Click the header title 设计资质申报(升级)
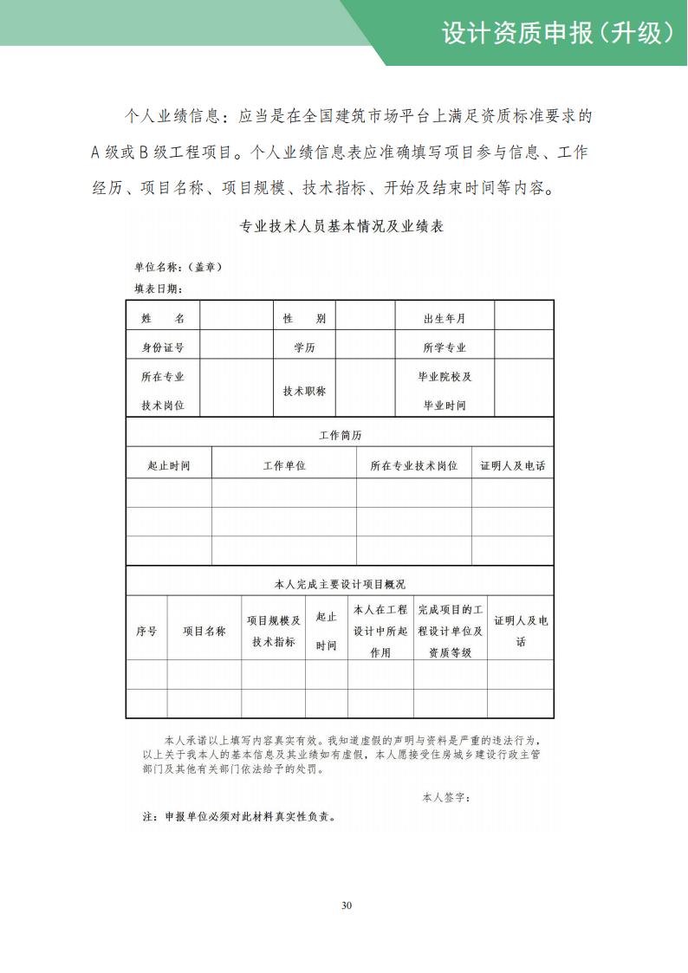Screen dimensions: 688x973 [557, 33]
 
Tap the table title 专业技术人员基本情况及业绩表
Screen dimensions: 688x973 [341, 227]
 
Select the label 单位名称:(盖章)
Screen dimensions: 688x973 [178, 267]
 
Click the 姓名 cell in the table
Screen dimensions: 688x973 [163, 319]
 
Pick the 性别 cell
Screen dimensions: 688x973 [304, 319]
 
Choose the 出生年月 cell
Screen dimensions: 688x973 [445, 319]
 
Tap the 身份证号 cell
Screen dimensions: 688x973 [163, 347]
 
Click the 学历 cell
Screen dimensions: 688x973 [304, 347]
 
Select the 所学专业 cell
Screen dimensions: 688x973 [445, 347]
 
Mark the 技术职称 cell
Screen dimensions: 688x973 [304, 391]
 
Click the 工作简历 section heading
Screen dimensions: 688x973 [340, 435]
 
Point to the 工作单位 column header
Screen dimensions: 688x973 [284, 465]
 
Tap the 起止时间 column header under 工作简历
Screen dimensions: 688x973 [169, 465]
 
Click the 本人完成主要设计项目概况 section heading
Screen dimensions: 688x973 [340, 584]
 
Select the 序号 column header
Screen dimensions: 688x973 [146, 631]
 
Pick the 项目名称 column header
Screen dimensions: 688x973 [204, 631]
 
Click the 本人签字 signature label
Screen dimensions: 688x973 [446, 796]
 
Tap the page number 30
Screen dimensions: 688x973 [347, 905]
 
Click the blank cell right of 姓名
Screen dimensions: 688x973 [236, 319]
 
